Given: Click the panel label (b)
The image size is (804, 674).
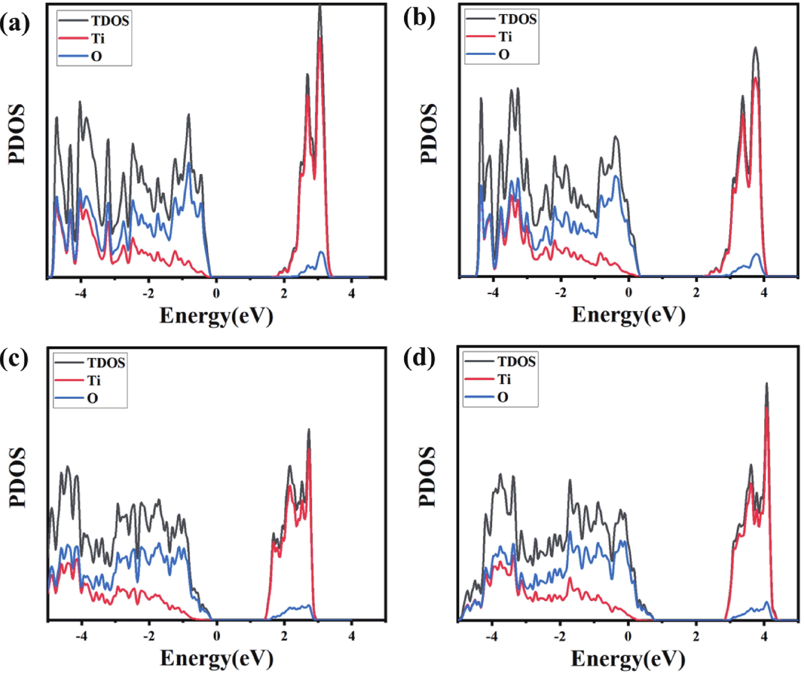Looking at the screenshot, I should [x=419, y=18].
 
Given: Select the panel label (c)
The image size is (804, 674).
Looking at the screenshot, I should [x=14, y=359].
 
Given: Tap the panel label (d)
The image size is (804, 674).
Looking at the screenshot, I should [x=419, y=358].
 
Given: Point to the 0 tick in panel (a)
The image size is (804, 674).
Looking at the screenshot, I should [x=216, y=294].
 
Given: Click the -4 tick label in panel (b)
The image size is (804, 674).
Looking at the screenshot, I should [x=493, y=293].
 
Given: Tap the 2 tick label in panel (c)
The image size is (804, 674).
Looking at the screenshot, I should [x=284, y=636].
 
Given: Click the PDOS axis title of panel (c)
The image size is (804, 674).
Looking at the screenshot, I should [x=18, y=477].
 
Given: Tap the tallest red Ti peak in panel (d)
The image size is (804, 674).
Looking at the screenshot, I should [x=767, y=409].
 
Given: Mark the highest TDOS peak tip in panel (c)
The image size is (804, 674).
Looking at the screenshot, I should [x=309, y=430].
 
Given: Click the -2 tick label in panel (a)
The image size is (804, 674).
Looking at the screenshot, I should [x=149, y=294].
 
